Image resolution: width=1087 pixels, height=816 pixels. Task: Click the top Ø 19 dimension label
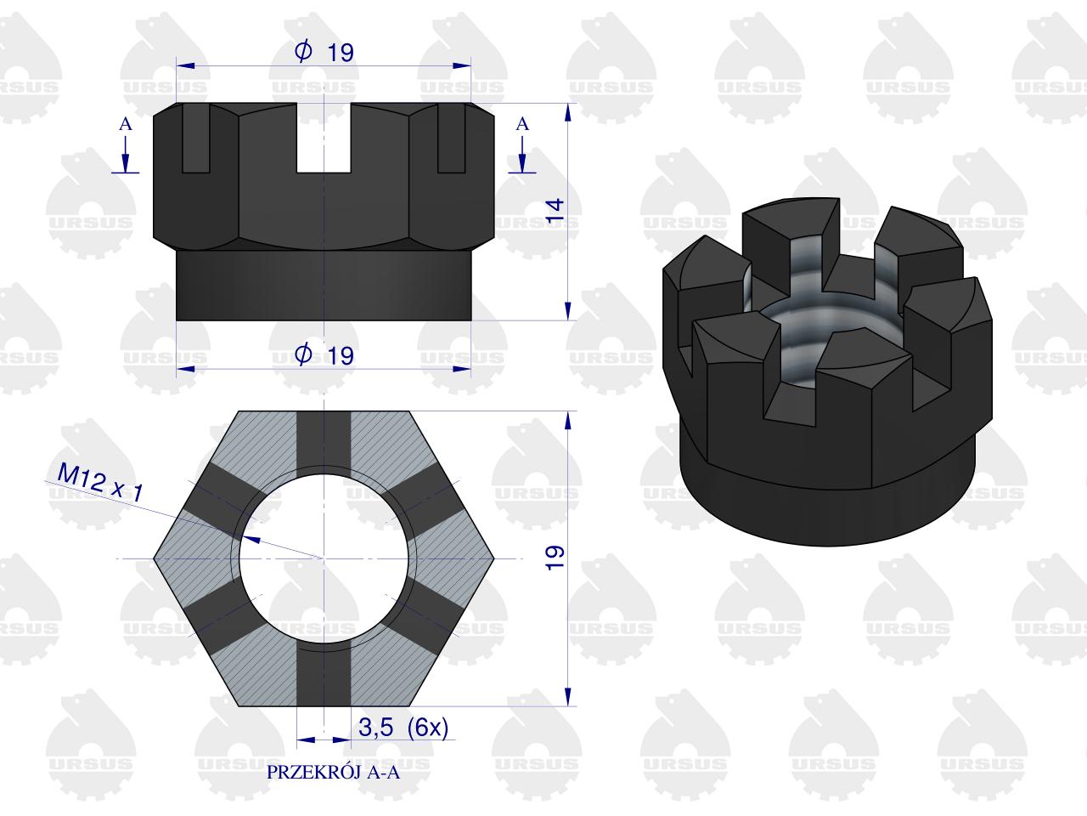click(x=324, y=52)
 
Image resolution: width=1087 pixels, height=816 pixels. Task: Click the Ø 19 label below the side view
click(x=324, y=354)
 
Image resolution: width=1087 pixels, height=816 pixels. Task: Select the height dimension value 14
click(x=555, y=210)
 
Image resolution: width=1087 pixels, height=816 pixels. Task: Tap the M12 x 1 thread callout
click(x=100, y=482)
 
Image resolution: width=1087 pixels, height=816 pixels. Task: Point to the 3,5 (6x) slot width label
click(x=403, y=728)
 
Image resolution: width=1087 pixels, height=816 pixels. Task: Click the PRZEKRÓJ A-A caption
click(x=333, y=773)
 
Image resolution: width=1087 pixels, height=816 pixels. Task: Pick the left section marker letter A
click(x=126, y=124)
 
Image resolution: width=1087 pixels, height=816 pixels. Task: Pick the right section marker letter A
click(x=522, y=124)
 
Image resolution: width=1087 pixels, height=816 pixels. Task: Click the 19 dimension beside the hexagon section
click(x=555, y=558)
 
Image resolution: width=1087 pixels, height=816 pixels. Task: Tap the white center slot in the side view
click(x=324, y=139)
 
